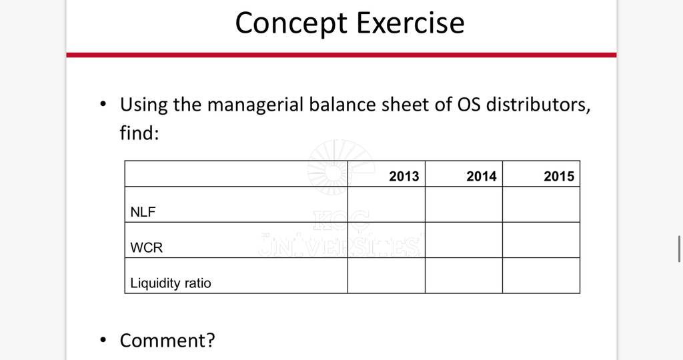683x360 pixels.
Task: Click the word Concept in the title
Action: pos(291,24)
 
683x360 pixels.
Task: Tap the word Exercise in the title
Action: pos(411,23)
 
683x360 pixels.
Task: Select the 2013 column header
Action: pos(404,176)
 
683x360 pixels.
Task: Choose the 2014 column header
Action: pos(482,176)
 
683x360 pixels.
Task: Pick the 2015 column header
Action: pos(559,176)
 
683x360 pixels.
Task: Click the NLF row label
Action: pos(143,212)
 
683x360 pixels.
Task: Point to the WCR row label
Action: pos(146,248)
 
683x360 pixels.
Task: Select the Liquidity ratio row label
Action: pos(171,283)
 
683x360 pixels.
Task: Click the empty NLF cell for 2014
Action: pos(464,205)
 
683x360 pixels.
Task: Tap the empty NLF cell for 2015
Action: pos(542,205)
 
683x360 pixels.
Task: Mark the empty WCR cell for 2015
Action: pos(542,240)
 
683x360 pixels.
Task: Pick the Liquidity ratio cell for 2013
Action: pos(386,275)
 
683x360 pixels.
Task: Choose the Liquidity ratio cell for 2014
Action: pos(464,275)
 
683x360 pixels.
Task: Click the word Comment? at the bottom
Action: pos(167,341)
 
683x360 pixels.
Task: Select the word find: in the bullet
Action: pos(139,133)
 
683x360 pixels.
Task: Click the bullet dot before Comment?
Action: pos(103,340)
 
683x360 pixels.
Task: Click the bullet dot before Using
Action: pos(103,105)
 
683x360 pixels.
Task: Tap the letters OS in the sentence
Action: pos(469,105)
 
